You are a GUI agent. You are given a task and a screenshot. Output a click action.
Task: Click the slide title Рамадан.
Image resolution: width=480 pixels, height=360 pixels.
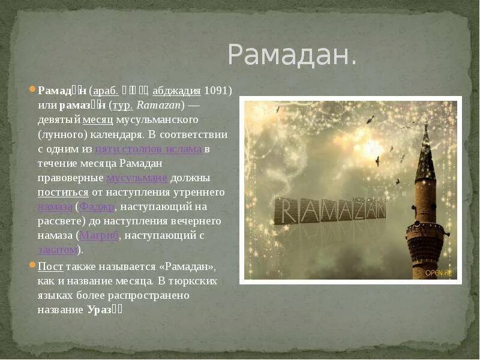tap(292, 55)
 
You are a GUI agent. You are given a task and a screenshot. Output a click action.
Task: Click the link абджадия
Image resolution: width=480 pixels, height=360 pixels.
tap(176, 91)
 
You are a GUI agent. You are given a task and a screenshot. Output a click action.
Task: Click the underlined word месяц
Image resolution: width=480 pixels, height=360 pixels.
tap(97, 120)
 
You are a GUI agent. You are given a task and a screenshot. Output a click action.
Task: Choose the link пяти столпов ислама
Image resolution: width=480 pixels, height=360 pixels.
tap(149, 149)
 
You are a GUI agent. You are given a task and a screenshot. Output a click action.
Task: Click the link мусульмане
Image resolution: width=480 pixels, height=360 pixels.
tap(137, 178)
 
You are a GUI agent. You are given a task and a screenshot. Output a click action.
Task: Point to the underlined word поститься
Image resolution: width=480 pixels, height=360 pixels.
tap(62, 192)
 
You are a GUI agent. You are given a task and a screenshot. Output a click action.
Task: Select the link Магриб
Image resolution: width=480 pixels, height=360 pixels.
tap(100, 235)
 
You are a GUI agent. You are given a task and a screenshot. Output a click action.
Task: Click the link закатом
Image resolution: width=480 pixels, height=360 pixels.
tap(58, 250)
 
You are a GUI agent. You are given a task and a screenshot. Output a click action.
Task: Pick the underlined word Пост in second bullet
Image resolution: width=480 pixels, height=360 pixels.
tap(50, 265)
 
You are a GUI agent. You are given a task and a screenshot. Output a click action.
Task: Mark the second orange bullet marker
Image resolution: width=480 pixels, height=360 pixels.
tap(33, 265)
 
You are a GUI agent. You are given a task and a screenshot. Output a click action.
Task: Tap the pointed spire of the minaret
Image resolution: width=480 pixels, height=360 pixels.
tap(425, 153)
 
